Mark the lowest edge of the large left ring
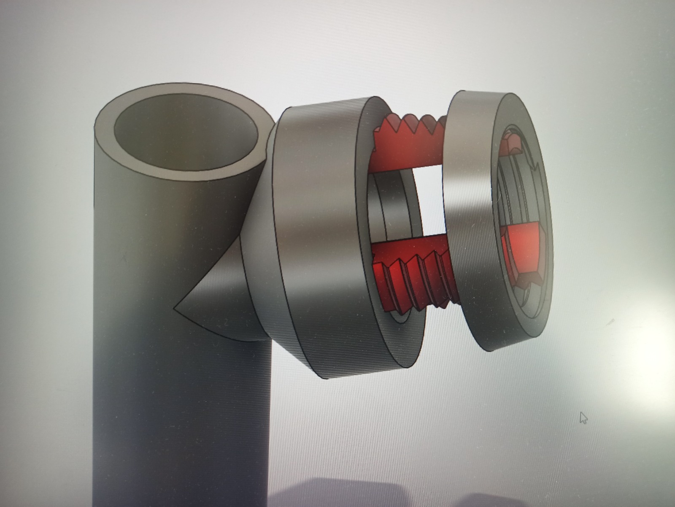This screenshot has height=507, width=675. tap(329, 377)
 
